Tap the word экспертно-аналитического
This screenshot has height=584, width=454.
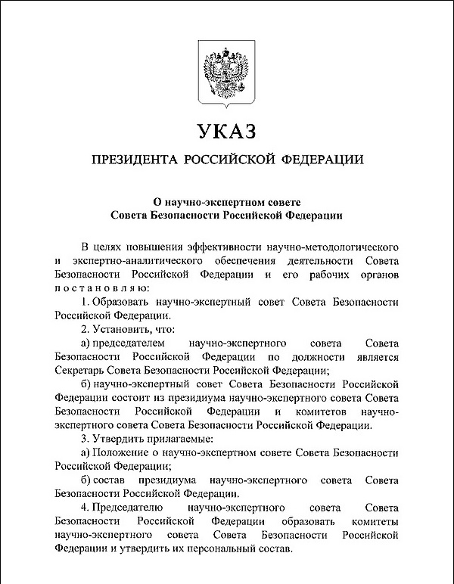pyautogui.click(x=126, y=261)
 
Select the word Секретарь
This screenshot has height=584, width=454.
pyautogui.click(x=81, y=370)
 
